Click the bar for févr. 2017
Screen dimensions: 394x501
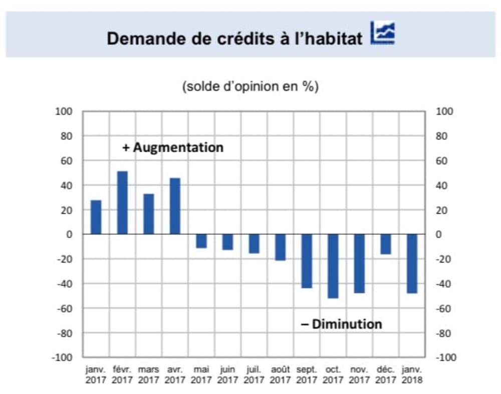[122, 203]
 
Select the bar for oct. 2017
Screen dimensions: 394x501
[333, 266]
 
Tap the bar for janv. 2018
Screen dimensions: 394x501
[412, 263]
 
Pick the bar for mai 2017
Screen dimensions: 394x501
[201, 241]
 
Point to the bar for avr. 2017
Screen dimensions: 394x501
[175, 206]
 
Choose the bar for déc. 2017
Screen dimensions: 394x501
[386, 244]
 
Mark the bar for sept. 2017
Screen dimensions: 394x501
[307, 261]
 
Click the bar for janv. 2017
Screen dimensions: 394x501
[96, 217]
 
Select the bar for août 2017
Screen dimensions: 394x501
[280, 247]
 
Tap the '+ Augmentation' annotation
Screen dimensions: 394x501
[173, 148]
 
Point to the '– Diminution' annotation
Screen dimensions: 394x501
[341, 324]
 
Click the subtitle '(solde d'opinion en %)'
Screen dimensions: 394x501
[250, 86]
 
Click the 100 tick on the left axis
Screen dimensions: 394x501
[65, 111]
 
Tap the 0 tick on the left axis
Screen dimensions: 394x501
[70, 234]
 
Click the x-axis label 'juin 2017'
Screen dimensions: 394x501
[227, 374]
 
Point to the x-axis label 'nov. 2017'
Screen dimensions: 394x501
[359, 374]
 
